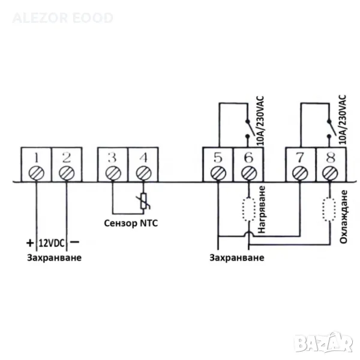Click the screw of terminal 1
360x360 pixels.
point(36,173)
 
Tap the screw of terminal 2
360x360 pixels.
point(67,173)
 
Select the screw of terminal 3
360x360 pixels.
point(113,173)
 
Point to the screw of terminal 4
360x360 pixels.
point(143,173)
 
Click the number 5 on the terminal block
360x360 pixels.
point(218,157)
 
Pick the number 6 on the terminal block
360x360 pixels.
point(249,157)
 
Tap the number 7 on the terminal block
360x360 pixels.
point(300,157)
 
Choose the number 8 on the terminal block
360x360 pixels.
point(331,157)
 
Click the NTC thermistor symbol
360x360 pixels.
point(143,202)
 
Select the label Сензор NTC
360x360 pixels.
point(131,223)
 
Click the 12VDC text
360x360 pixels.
point(52,243)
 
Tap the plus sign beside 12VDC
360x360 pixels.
point(30,242)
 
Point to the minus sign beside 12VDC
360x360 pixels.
point(74,242)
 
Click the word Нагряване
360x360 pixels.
point(262,209)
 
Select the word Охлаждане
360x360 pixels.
point(343,217)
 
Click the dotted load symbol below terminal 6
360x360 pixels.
point(249,209)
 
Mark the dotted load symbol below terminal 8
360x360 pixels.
point(329,209)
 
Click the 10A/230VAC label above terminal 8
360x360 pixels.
point(342,119)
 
